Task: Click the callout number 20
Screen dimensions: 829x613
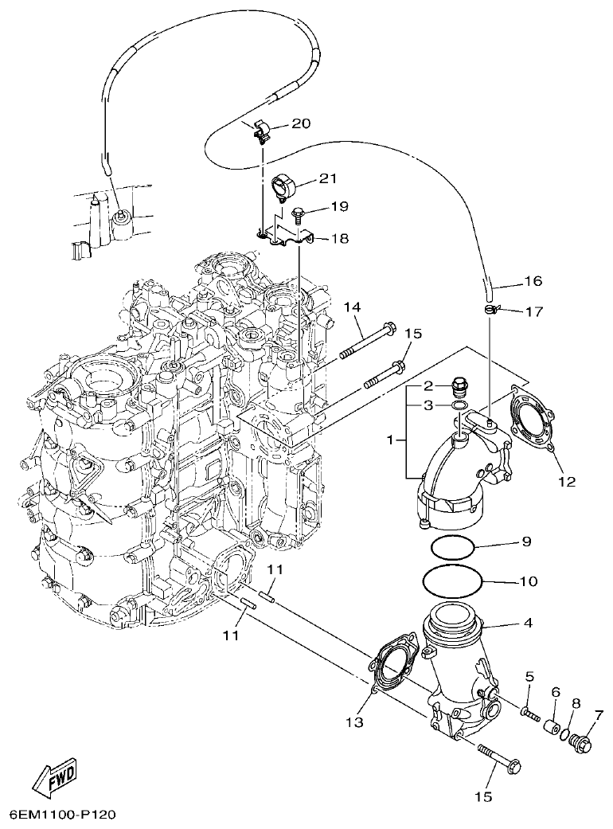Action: pos(303,123)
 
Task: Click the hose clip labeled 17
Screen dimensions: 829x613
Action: pos(492,309)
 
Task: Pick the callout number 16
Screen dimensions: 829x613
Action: pos(533,281)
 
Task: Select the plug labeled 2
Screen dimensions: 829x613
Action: pos(459,386)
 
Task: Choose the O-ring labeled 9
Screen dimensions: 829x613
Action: pos(453,548)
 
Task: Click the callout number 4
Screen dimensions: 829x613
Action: pos(529,623)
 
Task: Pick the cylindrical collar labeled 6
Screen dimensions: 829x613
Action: pos(549,727)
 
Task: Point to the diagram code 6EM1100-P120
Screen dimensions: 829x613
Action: pos(63,815)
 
